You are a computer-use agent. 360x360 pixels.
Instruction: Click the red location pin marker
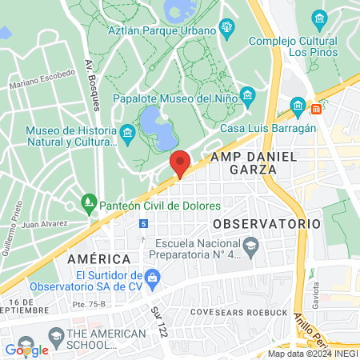[180, 162]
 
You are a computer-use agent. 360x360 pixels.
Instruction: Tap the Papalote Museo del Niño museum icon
[247, 96]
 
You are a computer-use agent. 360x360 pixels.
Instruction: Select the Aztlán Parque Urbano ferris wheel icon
[228, 29]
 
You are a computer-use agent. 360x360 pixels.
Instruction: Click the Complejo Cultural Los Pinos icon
[320, 18]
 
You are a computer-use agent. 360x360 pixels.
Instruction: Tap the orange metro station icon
[316, 108]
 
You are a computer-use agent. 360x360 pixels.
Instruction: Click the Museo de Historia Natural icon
[127, 131]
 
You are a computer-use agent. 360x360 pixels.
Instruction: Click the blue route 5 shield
[143, 223]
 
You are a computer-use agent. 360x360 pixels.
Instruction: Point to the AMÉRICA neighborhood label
[98, 258]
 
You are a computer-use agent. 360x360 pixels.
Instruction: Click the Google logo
[26, 350]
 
